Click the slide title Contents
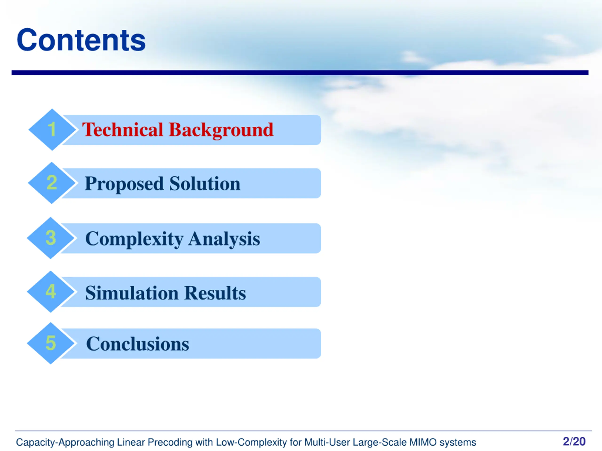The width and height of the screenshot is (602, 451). coord(81,40)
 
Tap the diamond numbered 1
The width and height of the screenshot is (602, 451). coord(52,129)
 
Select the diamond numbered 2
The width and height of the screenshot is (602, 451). coord(51,183)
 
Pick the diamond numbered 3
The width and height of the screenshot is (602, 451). coord(51,238)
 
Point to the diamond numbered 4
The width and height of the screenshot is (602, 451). coord(51,292)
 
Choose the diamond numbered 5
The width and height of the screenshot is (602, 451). coord(51,343)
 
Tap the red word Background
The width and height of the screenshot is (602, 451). coord(221,130)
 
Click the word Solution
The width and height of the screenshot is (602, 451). coord(205,183)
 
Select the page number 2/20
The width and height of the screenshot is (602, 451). coord(574,441)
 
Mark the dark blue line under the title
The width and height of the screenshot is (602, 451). coord(300,73)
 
